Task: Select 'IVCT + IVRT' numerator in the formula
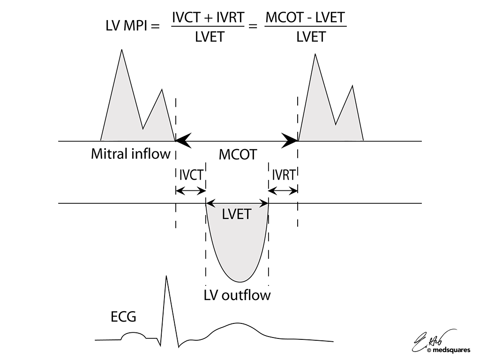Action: coord(208,18)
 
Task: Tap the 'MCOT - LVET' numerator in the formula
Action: coord(305,18)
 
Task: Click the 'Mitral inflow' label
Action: coord(130,154)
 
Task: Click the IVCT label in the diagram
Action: coord(191,175)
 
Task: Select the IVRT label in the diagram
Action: coord(283,175)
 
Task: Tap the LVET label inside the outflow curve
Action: coord(238,215)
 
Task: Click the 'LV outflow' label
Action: coord(237,296)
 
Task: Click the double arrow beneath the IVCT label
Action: coord(191,191)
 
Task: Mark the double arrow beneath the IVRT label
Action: coord(283,191)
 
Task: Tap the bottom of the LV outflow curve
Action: coord(239,281)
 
